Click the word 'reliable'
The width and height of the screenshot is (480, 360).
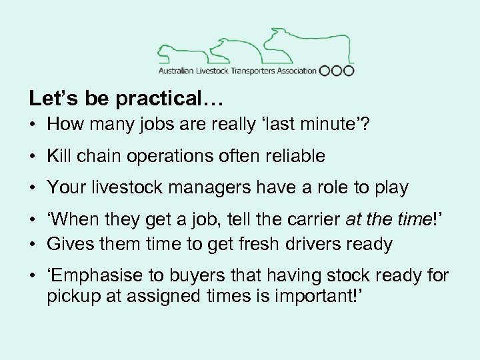(x=292, y=157)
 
